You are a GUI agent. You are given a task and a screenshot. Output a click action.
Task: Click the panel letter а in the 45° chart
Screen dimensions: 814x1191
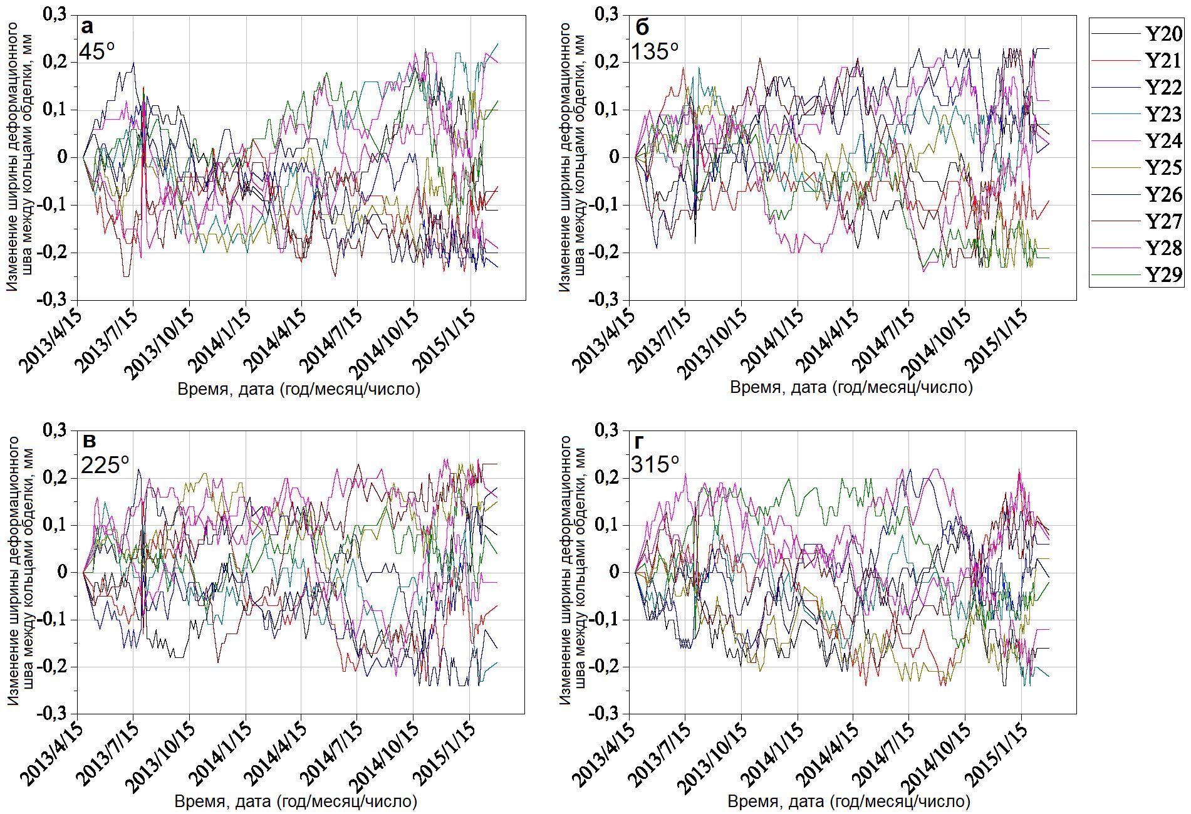pyautogui.click(x=87, y=26)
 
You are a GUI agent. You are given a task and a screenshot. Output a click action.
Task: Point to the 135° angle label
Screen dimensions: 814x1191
pyautogui.click(x=655, y=51)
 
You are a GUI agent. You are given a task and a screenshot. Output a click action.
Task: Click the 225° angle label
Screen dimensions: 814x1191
pyautogui.click(x=105, y=465)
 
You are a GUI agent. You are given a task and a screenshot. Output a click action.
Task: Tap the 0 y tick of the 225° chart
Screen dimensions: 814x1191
pyautogui.click(x=62, y=571)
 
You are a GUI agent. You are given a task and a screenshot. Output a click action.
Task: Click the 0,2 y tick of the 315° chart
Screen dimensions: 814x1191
pyautogui.click(x=606, y=477)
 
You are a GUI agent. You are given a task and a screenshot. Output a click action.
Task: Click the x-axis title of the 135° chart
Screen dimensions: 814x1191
pyautogui.click(x=851, y=387)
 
